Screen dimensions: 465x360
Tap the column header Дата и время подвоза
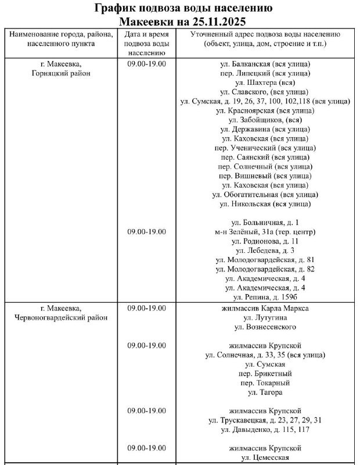coord(147,44)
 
